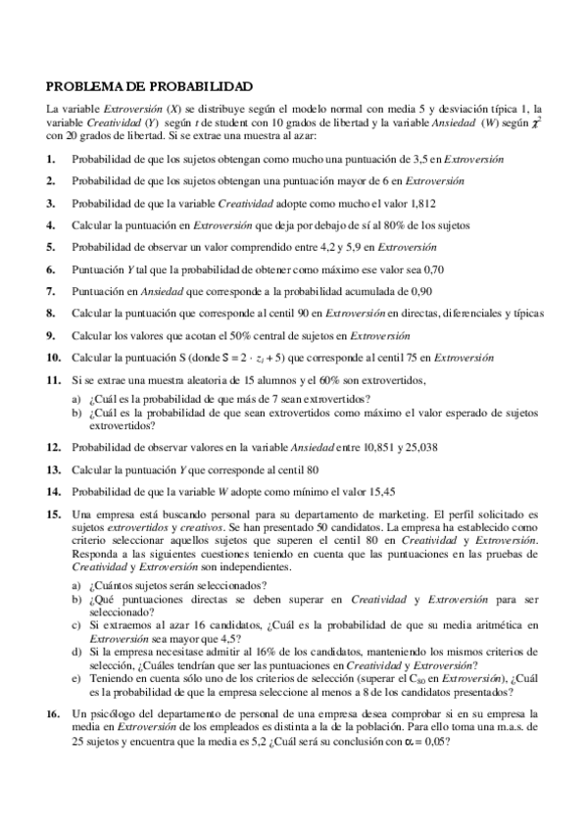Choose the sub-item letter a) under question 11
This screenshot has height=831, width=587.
coord(77,398)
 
